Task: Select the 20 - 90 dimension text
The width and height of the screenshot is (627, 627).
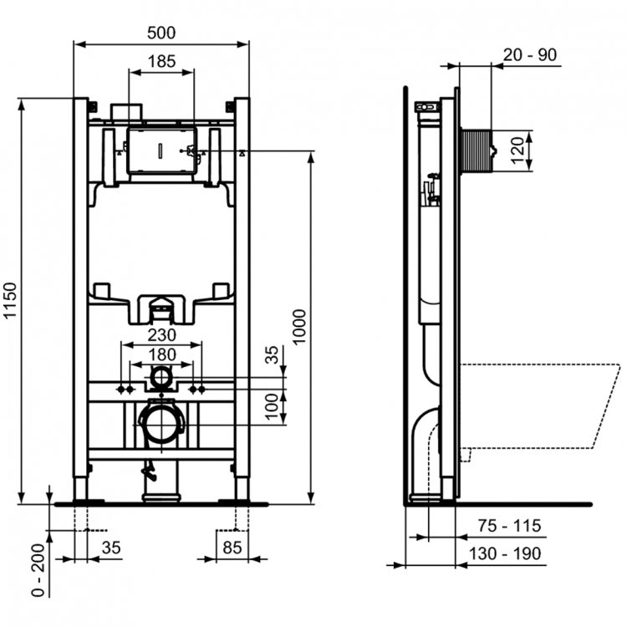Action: click(x=531, y=55)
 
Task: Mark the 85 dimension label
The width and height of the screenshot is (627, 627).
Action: click(x=232, y=549)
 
